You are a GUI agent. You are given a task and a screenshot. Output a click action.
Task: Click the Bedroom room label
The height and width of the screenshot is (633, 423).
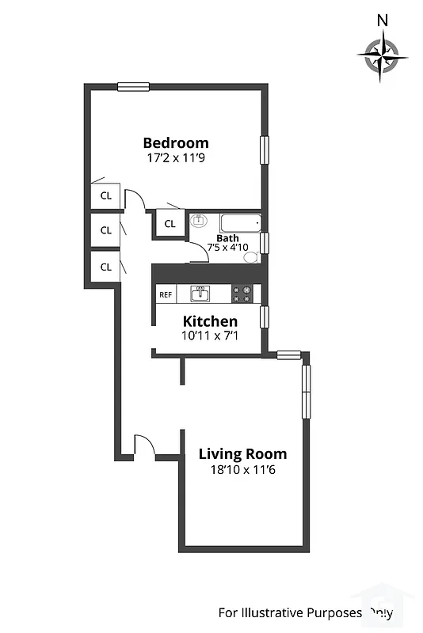(x=176, y=143)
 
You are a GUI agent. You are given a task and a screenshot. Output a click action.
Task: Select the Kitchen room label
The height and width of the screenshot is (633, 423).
(x=210, y=321)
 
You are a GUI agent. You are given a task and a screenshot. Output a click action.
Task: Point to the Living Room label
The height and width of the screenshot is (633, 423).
(x=242, y=454)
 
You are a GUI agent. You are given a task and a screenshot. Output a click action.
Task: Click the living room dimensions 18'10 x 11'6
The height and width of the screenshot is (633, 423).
(x=242, y=469)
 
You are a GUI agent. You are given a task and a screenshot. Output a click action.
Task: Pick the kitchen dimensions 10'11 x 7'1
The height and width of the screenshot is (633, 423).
(x=210, y=335)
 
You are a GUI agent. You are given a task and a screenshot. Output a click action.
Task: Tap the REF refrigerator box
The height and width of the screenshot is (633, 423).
(x=166, y=294)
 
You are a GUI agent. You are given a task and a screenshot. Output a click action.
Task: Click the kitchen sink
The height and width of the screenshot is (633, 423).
(x=201, y=294)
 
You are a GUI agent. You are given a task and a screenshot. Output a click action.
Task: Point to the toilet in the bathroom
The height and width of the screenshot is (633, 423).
(x=250, y=257)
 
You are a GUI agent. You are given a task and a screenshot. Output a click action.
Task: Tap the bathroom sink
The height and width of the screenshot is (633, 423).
(x=199, y=222)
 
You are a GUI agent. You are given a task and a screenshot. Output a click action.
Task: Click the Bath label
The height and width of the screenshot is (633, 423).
(x=227, y=237)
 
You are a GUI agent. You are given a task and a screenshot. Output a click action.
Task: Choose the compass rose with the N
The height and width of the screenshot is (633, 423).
(x=383, y=55)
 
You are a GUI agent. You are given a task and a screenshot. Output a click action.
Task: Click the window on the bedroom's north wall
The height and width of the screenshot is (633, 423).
(x=134, y=86)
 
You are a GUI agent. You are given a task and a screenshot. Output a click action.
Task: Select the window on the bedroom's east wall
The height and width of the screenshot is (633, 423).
(x=265, y=150)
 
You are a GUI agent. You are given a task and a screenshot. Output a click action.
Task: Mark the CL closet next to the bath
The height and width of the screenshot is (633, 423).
(x=170, y=224)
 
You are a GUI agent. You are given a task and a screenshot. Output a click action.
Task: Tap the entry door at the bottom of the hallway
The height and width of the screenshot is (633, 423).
(x=145, y=447)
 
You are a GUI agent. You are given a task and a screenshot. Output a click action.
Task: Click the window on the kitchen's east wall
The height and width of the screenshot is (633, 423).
(x=265, y=316)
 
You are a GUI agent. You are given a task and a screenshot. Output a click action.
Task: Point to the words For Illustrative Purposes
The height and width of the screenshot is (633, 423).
(x=290, y=612)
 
